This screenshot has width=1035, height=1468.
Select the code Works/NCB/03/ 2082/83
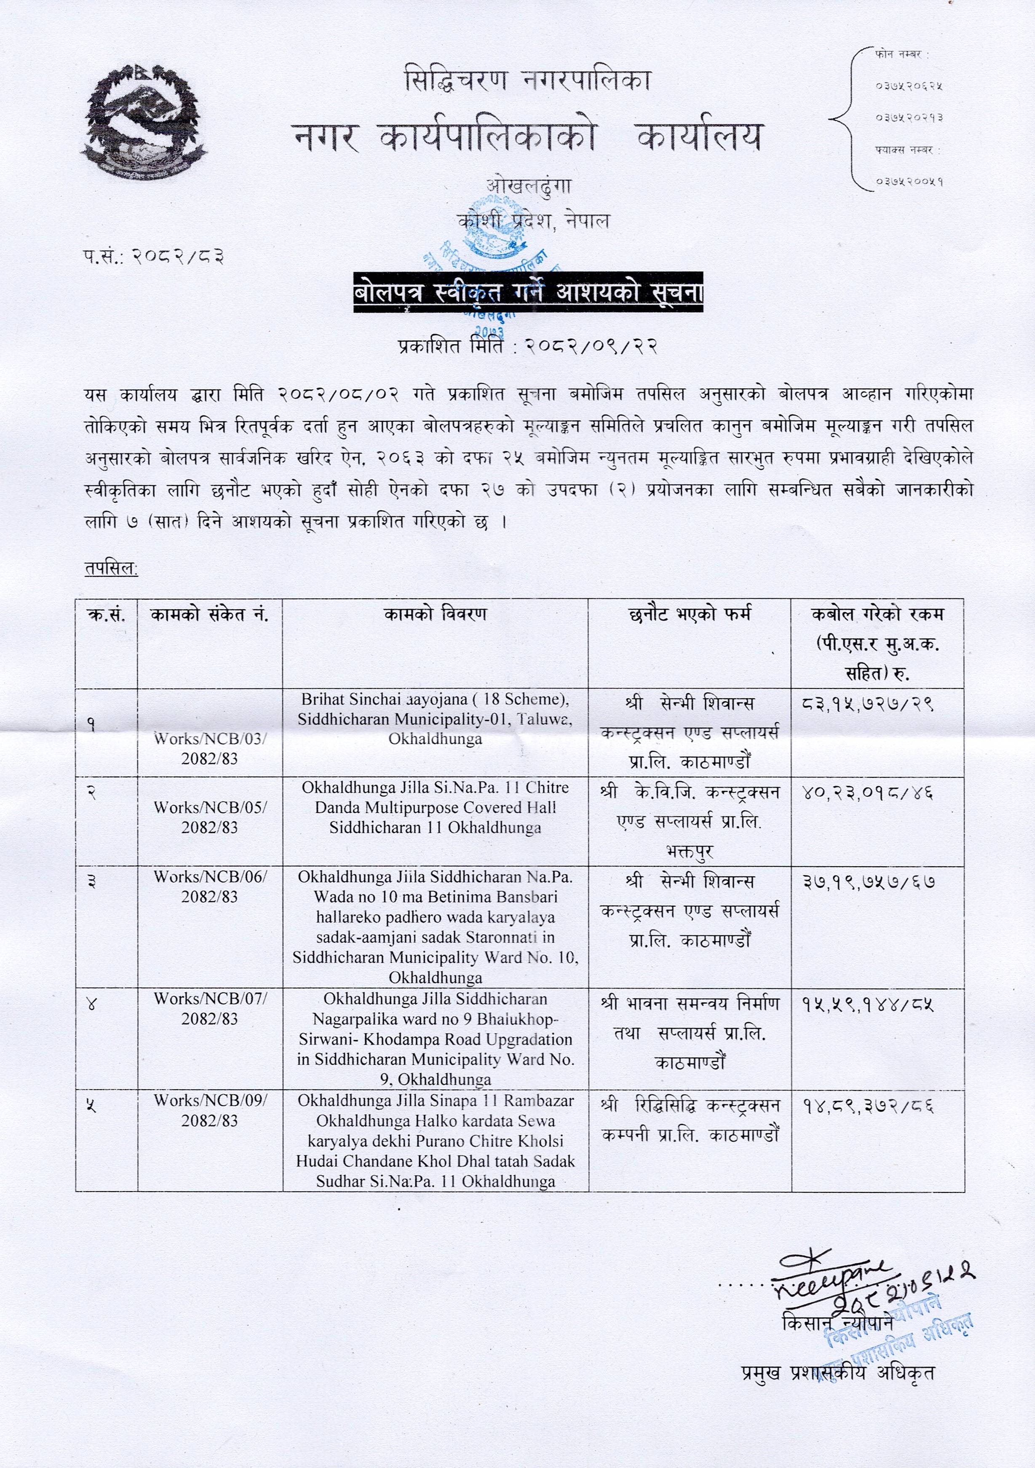tap(210, 749)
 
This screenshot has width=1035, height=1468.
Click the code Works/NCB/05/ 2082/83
tap(210, 817)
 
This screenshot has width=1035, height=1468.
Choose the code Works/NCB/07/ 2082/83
tap(210, 1008)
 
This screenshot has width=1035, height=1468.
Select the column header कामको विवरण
tap(435, 614)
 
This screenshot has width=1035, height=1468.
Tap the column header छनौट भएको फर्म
tap(689, 614)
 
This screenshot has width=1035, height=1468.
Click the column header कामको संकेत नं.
tap(210, 614)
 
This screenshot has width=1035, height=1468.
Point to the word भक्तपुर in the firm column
tap(689, 852)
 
